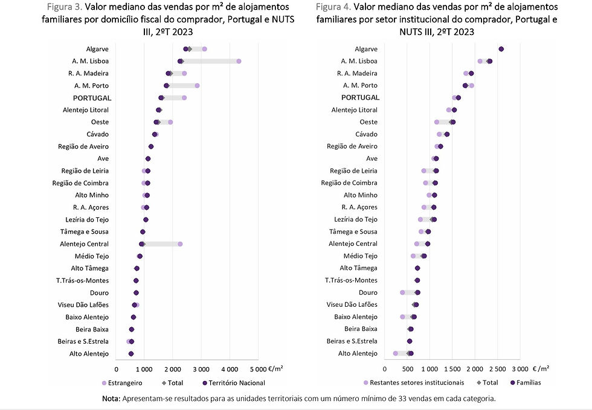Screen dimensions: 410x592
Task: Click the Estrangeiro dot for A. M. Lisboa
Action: (x=239, y=61)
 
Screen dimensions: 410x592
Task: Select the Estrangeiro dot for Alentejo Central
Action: (x=180, y=244)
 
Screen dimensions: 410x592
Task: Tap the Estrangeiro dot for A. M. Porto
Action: (x=197, y=86)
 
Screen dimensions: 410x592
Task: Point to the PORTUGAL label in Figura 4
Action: (x=360, y=98)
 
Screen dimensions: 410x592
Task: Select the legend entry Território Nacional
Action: (x=236, y=382)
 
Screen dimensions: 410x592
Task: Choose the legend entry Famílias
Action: (x=527, y=382)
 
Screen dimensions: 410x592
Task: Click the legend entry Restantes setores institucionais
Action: (x=417, y=382)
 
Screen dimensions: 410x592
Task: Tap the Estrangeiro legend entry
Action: (x=126, y=382)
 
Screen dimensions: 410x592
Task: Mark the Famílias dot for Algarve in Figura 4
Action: (x=501, y=49)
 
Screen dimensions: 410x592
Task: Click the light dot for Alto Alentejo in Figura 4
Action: (x=395, y=354)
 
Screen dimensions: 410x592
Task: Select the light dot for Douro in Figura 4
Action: (x=402, y=293)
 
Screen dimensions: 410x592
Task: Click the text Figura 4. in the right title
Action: (x=333, y=7)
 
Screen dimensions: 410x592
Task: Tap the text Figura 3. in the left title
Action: (x=65, y=7)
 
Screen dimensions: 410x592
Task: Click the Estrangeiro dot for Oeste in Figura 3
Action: (x=170, y=122)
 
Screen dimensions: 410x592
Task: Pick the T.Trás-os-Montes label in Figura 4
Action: (x=351, y=281)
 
